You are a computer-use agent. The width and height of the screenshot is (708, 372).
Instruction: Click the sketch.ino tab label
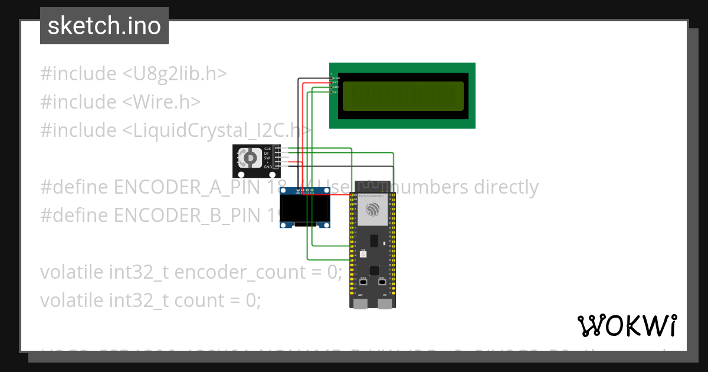[x=104, y=26]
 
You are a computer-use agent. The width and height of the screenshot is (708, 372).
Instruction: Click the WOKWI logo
[x=627, y=325]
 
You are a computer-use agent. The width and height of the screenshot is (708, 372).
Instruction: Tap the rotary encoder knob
[x=250, y=158]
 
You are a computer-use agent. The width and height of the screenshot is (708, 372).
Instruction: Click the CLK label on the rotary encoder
[x=267, y=148]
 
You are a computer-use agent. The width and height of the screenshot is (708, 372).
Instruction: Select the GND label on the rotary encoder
[x=267, y=167]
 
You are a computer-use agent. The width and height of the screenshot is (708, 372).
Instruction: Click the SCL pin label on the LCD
[x=335, y=92]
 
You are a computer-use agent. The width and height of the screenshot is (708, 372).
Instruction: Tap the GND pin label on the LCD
[x=336, y=78]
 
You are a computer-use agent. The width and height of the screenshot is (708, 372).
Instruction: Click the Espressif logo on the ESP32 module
[x=373, y=209]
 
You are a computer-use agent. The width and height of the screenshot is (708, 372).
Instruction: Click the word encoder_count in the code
[x=253, y=272]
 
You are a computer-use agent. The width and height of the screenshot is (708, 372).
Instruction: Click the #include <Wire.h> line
[x=120, y=102]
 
